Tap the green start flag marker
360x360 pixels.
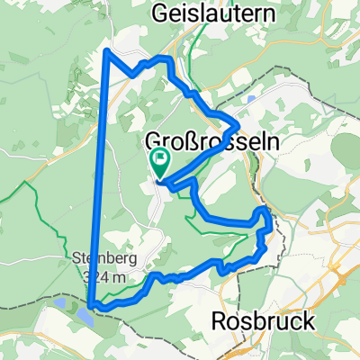tap(159, 162)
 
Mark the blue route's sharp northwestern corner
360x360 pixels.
tap(109, 49)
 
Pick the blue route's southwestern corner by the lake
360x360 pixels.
tap(91, 307)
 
